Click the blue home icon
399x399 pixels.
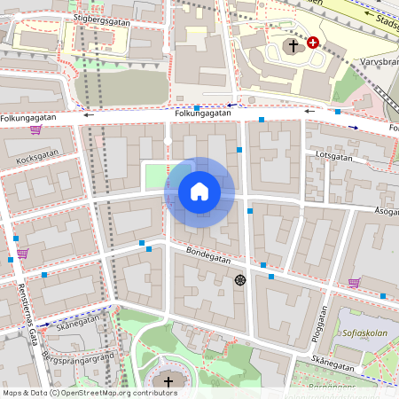pyautogui.click(x=199, y=192)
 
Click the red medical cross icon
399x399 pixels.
pyautogui.click(x=312, y=42)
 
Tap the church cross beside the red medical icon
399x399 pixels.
pyautogui.click(x=293, y=43)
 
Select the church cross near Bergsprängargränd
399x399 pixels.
pyautogui.click(x=168, y=381)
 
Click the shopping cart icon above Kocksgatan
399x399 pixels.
pyautogui.click(x=35, y=129)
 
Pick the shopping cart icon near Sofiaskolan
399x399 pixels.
pyautogui.click(x=354, y=283)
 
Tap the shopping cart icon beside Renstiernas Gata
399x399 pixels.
pyautogui.click(x=21, y=254)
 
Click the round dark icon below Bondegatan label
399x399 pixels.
pyautogui.click(x=239, y=280)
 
